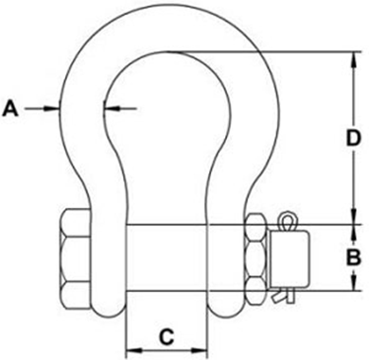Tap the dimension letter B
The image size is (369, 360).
coord(351,257)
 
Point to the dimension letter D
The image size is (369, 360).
coord(352,138)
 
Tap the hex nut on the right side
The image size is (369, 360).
coord(256,257)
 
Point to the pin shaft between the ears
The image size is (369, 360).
coord(165,257)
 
